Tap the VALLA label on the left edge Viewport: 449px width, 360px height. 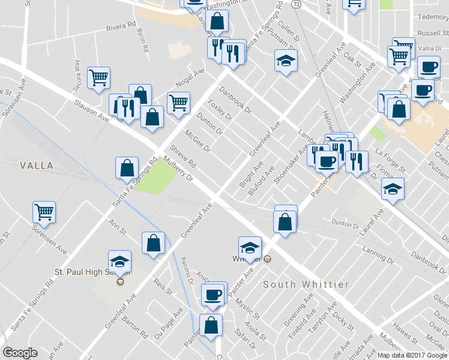point(36,165)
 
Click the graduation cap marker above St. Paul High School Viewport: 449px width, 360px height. point(120,262)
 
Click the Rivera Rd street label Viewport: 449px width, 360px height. point(121,27)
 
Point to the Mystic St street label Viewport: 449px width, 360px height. point(247,306)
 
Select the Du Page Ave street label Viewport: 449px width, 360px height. point(168,325)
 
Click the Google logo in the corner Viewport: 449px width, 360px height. point(20,353)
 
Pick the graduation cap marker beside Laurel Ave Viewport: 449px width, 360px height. point(393,189)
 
